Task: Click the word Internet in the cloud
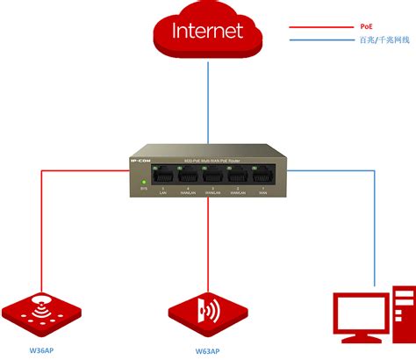207,32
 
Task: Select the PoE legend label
341,26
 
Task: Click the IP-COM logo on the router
143,161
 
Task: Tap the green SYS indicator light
143,181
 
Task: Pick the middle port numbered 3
211,176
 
